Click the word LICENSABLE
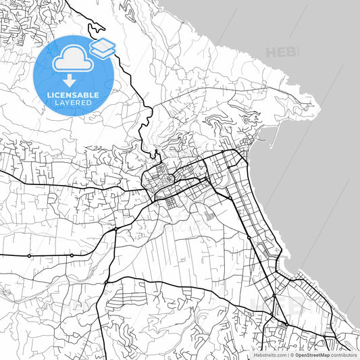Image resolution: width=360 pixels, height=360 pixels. (x=73, y=95)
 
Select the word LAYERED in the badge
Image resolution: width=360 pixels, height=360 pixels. (x=73, y=103)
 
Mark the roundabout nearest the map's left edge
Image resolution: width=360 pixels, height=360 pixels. (x=29, y=255)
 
